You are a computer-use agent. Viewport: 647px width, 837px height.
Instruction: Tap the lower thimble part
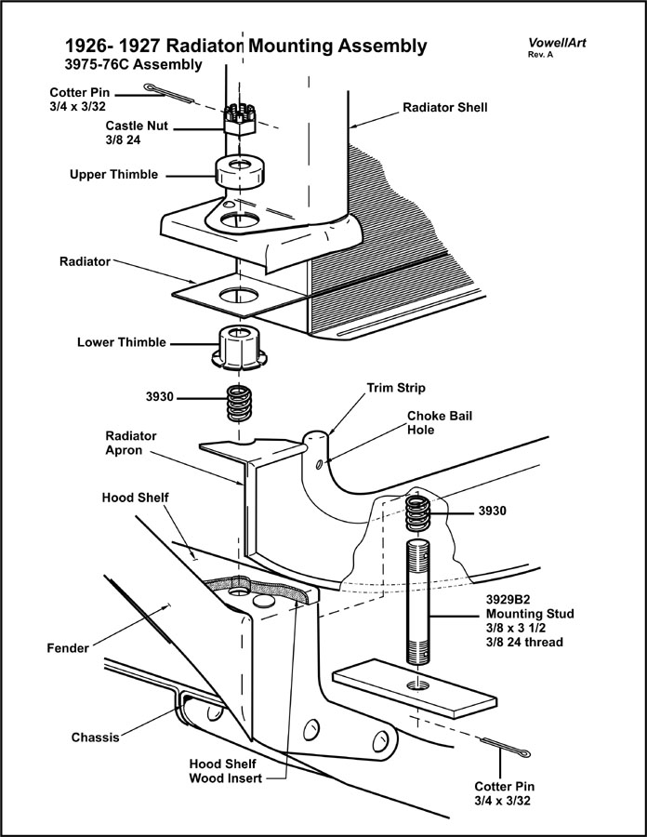tap(240, 347)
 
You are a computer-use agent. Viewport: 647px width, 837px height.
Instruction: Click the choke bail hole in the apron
tap(321, 464)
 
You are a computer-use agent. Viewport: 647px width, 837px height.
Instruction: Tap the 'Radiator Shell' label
tap(444, 108)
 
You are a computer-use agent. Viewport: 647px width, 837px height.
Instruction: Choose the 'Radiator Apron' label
tap(131, 442)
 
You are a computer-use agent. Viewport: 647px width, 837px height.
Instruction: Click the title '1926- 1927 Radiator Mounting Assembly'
tap(246, 46)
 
